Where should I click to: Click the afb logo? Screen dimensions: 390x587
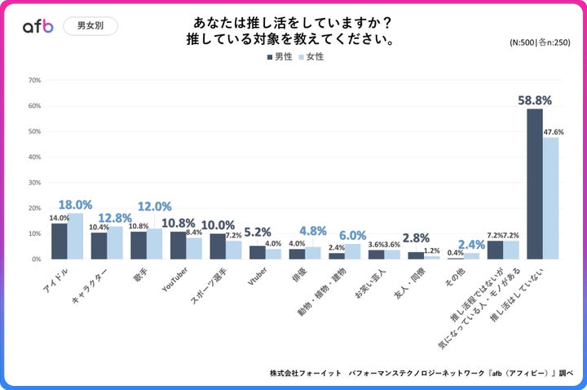point(38,26)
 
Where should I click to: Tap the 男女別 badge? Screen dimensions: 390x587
point(90,26)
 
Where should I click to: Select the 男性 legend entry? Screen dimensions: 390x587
point(279,57)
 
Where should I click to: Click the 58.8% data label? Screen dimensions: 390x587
point(535,100)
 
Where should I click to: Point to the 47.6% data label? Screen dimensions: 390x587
point(553,131)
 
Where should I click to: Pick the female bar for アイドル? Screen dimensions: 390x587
point(75,236)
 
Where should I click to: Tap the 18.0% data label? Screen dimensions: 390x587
point(74,204)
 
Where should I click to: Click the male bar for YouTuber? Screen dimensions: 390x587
point(179,245)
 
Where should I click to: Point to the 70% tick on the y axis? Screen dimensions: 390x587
point(34,80)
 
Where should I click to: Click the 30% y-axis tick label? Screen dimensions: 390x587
point(34,182)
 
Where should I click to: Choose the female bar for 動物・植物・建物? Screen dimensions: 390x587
point(352,251)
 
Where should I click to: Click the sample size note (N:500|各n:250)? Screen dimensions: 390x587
point(539,42)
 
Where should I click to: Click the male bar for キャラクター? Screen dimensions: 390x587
point(99,246)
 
